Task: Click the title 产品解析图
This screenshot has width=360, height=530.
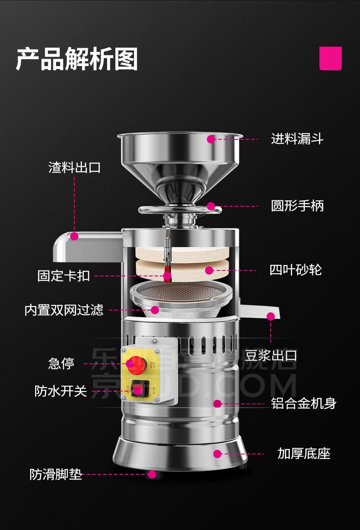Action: [77, 60]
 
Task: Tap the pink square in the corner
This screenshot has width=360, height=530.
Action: [330, 59]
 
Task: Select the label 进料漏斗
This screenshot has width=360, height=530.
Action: [297, 139]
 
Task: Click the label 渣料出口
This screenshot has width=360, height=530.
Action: [75, 167]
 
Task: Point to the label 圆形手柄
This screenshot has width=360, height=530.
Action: [297, 206]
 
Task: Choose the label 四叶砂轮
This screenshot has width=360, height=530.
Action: [296, 270]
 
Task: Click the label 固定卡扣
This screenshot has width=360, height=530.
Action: [63, 275]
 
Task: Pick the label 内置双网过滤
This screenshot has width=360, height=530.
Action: [64, 310]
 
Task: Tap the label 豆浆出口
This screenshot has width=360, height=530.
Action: [271, 355]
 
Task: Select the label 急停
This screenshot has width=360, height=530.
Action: [61, 364]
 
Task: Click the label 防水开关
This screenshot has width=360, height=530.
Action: [61, 391]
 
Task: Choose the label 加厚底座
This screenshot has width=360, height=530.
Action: [304, 454]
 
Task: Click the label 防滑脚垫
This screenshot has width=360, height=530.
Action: [56, 474]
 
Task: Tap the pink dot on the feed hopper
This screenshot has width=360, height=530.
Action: [211, 139]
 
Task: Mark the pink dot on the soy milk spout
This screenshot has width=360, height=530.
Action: [271, 316]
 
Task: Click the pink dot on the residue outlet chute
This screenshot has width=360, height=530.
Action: [74, 236]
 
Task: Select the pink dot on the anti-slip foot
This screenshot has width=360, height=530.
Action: [152, 474]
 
